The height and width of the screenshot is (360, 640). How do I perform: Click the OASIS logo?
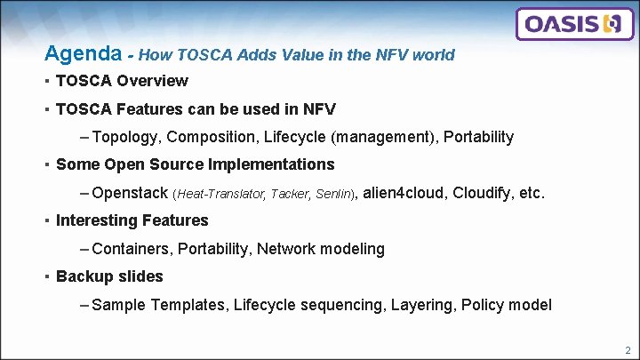[x=572, y=24]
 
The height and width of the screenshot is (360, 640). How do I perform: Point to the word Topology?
[x=124, y=137]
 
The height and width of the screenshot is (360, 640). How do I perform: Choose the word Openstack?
[x=130, y=193]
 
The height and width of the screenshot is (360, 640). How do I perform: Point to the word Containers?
[x=130, y=249]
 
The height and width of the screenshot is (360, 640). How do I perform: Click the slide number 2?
[x=628, y=350]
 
